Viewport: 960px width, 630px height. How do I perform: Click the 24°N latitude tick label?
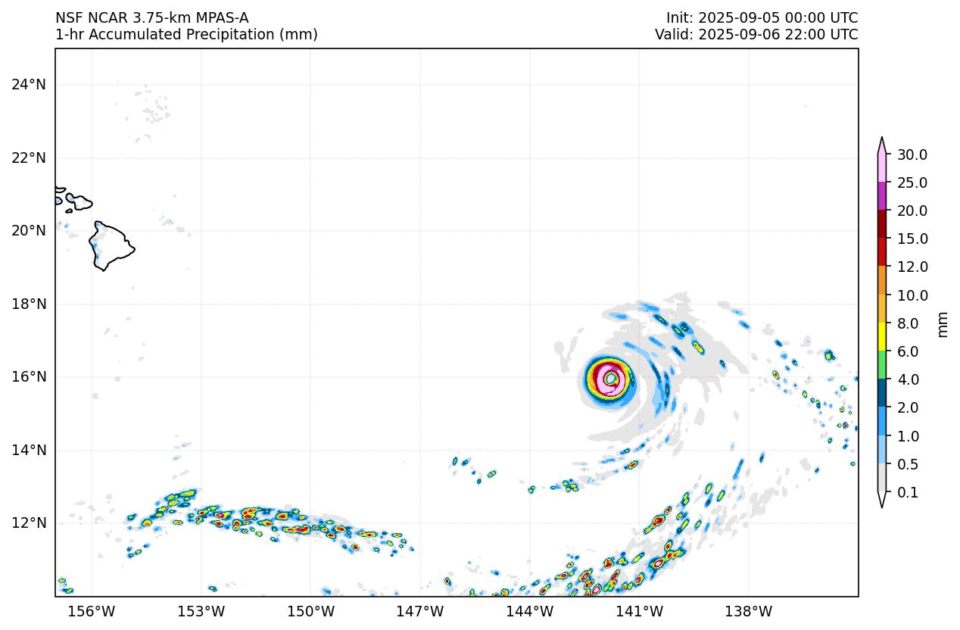coord(29,84)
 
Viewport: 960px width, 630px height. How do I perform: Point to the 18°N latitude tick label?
coord(29,304)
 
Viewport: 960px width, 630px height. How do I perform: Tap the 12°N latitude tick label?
coord(29,523)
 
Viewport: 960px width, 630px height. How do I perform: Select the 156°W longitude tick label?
coord(92,612)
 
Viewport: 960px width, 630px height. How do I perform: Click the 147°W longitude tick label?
coord(420,612)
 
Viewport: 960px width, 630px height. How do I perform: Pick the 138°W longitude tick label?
coord(749,612)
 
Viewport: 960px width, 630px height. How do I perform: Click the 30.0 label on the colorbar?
coord(912,154)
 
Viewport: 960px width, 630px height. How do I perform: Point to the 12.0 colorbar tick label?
coord(912,267)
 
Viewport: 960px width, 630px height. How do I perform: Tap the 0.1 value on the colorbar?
coord(908,492)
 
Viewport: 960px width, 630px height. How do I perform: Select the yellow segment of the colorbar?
coord(882,337)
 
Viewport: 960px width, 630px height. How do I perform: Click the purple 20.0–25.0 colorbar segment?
coord(882,196)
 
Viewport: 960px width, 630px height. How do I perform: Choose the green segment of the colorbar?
coord(882,365)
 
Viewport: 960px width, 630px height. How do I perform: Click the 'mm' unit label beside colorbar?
coord(943,323)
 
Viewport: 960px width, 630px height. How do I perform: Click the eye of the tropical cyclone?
coord(610,378)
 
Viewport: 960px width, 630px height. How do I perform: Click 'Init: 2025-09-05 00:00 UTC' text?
coord(762,17)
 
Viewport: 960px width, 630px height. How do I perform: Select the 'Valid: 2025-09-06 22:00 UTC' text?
coord(756,34)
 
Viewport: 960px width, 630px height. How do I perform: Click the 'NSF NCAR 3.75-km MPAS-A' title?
coord(151,17)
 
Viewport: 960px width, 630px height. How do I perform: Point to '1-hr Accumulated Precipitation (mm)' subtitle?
coord(186,34)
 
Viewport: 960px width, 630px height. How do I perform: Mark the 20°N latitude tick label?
coord(29,230)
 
